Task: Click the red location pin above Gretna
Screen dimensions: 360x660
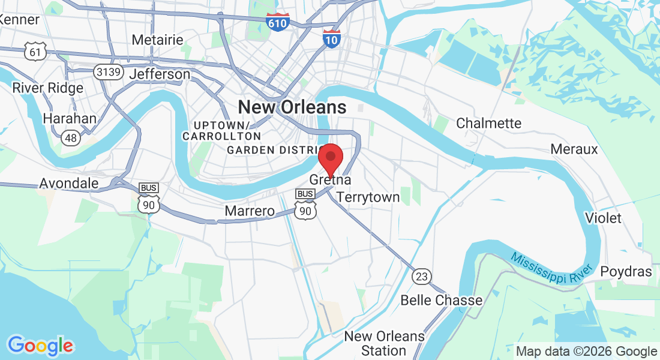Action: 330,158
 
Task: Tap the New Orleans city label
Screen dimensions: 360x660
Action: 292,107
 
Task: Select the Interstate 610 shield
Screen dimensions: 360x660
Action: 278,22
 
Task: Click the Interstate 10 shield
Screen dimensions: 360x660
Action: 331,38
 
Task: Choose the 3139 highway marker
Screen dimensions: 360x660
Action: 109,73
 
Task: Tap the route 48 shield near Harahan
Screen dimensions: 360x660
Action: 71,137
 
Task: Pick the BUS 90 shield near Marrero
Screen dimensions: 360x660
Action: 305,205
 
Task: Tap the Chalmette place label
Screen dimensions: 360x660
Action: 489,123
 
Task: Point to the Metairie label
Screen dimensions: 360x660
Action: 157,40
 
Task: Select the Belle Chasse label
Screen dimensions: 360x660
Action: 442,300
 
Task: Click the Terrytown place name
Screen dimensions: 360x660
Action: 368,197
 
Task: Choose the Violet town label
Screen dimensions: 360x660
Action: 603,218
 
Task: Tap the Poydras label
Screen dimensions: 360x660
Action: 626,272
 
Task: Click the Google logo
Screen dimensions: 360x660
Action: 40,346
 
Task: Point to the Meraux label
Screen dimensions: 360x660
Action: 574,148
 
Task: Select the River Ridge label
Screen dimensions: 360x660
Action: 48,88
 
